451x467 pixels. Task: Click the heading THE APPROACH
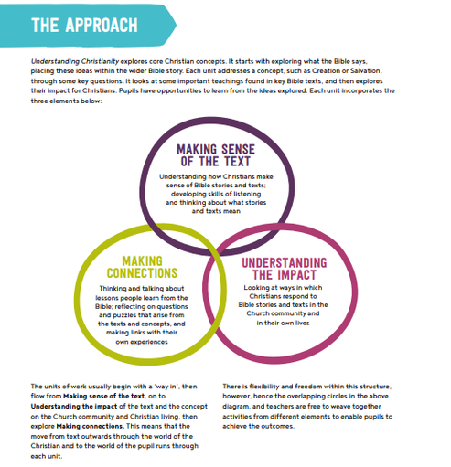pyautogui.click(x=84, y=25)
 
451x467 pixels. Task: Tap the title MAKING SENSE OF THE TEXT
pyautogui.click(x=216, y=155)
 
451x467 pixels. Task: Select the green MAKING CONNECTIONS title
pyautogui.click(x=142, y=267)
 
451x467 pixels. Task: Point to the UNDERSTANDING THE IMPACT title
pyautogui.click(x=285, y=269)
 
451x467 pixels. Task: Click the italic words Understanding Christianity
pyautogui.click(x=75, y=61)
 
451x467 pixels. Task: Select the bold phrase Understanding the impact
pyautogui.click(x=74, y=406)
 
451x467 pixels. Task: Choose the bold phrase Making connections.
pyautogui.click(x=90, y=426)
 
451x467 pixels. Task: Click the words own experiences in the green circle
pyautogui.click(x=142, y=342)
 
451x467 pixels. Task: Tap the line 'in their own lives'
pyautogui.click(x=283, y=323)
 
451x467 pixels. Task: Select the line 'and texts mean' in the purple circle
pyautogui.click(x=216, y=211)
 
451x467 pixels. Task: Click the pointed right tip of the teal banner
pyautogui.click(x=176, y=26)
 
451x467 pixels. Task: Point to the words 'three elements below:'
pyautogui.click(x=66, y=101)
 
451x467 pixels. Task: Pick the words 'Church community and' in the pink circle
pyautogui.click(x=283, y=313)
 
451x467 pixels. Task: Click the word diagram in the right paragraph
pyautogui.click(x=236, y=407)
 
